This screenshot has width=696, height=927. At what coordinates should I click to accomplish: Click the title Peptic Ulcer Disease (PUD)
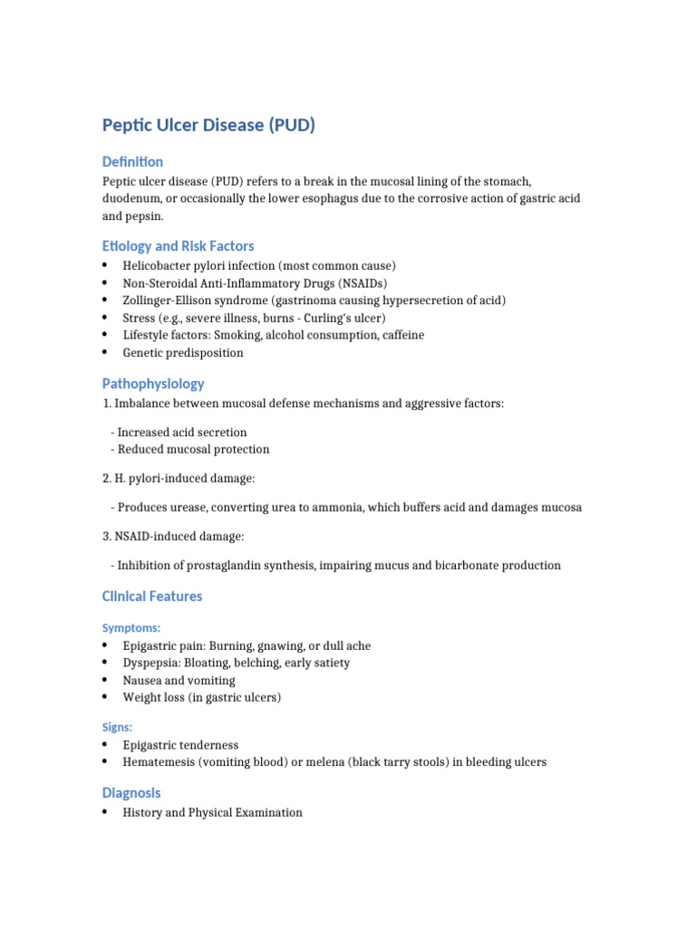click(208, 125)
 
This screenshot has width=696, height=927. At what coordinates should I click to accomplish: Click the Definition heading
click(132, 162)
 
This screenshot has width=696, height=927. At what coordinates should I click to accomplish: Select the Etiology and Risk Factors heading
click(178, 246)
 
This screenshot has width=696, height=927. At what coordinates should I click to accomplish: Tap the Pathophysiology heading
click(153, 384)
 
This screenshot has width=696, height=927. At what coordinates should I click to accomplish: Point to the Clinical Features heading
click(152, 597)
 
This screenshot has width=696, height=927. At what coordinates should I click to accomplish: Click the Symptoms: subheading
click(131, 627)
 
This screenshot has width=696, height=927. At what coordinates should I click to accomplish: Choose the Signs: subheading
click(118, 727)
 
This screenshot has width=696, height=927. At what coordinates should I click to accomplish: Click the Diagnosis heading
click(131, 793)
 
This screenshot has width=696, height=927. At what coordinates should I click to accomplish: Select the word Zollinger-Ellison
click(169, 301)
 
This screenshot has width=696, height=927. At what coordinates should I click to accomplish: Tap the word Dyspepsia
click(151, 663)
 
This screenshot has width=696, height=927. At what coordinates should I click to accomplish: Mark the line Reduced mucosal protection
click(192, 450)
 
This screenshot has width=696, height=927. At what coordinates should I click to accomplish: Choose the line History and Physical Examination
click(213, 813)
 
